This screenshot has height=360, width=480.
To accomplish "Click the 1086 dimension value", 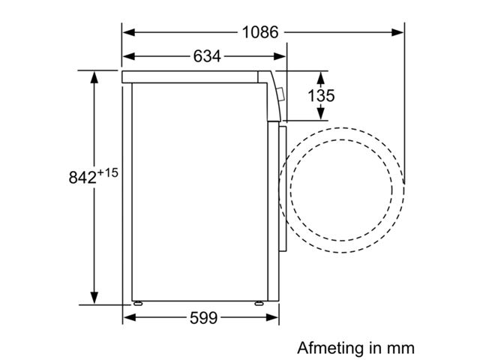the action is point(260,32).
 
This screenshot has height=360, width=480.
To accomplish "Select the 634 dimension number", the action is point(207,56).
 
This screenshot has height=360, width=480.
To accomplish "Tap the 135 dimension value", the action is point(321,95).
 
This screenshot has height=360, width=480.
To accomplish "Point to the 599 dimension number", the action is point(203,318).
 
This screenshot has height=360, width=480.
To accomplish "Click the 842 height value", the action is point(82,178).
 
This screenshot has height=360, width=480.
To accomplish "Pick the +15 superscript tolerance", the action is point(107,173).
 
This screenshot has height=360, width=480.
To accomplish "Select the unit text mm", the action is point(400,349).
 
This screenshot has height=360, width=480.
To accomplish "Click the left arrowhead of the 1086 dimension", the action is point(128,32).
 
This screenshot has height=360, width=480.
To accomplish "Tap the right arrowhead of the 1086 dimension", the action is point(397,32).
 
